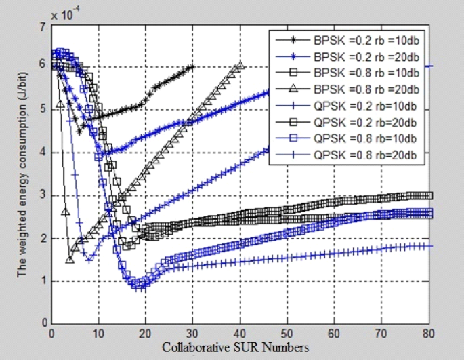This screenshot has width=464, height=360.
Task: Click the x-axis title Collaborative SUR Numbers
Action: click(x=235, y=347)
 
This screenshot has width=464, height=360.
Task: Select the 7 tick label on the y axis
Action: click(x=43, y=26)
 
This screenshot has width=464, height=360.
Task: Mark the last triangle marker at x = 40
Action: click(x=240, y=66)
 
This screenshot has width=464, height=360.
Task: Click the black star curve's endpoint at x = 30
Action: click(x=193, y=66)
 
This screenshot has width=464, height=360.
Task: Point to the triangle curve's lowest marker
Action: click(x=70, y=260)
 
